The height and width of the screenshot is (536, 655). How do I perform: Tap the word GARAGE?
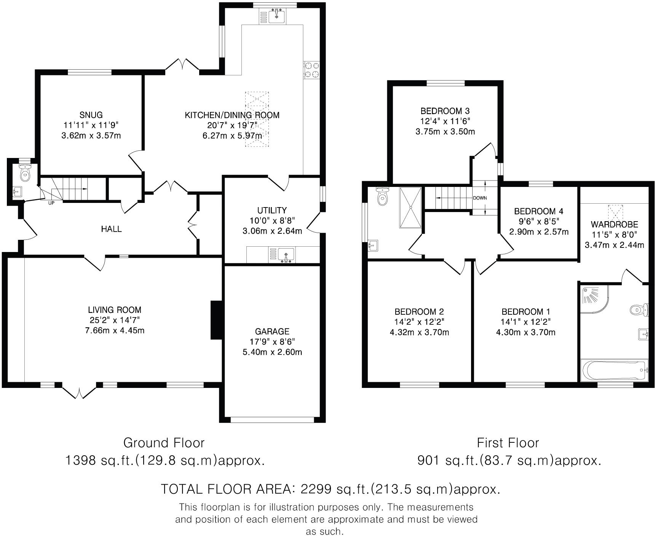click(272, 331)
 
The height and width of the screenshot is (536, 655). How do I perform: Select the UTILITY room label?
click(272, 210)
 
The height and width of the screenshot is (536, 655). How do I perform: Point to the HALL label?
click(111, 229)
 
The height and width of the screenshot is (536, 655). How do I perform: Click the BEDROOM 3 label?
click(445, 111)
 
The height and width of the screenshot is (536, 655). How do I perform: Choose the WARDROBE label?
click(614, 224)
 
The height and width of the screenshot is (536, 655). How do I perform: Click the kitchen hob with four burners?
click(312, 70)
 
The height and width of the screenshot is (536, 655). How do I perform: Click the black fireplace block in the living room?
click(216, 320)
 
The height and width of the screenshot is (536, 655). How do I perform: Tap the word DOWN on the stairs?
click(480, 198)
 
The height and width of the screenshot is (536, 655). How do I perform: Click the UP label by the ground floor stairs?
click(51, 203)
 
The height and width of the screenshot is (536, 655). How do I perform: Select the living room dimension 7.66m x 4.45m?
click(115, 330)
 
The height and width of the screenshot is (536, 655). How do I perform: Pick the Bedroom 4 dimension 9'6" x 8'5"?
click(538, 221)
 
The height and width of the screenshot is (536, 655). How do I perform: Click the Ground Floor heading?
click(164, 443)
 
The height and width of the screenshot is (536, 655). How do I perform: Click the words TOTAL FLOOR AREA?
click(226, 489)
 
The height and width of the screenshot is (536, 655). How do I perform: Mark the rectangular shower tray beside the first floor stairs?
click(410, 208)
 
